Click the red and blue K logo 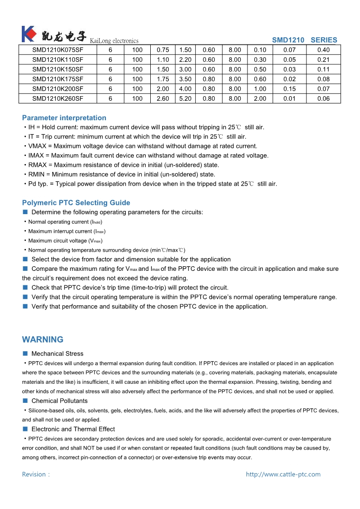tap(28, 34)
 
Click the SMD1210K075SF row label tap(58, 50)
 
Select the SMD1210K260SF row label tap(58, 98)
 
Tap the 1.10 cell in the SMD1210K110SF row tap(163, 60)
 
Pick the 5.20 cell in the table tap(185, 98)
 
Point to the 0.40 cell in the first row tap(323, 50)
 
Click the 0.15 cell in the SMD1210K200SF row tap(289, 89)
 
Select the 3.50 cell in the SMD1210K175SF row tap(185, 79)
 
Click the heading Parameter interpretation tap(64, 118)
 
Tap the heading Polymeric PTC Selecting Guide tap(76, 203)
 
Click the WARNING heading tap(43, 340)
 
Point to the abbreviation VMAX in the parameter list tap(37, 146)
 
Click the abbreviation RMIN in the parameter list tap(36, 174)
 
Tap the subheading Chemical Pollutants tap(59, 401)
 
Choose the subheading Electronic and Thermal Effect tap(73, 429)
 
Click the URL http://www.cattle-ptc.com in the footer tap(283, 475)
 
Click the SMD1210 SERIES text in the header tap(305, 40)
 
